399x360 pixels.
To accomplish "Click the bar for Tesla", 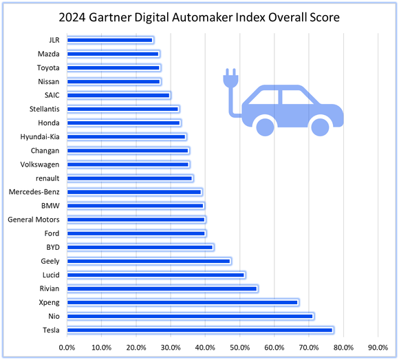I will pos(199,330).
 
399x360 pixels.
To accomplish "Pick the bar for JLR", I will pos(110,40).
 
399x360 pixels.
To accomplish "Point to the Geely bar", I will pos(149,261).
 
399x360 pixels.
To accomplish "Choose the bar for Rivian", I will pos(162,288).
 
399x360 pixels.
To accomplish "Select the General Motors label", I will pos(33,220).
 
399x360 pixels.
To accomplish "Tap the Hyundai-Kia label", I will pos(40,137).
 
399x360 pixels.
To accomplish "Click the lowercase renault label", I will pos(46,178).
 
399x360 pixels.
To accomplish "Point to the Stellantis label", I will pos(43,109).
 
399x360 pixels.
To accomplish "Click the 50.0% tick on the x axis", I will pos(240,348).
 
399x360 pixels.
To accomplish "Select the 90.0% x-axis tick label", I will pos(378,348).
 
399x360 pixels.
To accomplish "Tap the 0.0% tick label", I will pos(67,348).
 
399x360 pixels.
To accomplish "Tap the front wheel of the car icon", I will pos(319,125).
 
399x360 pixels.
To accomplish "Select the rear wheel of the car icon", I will pos(266,125).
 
